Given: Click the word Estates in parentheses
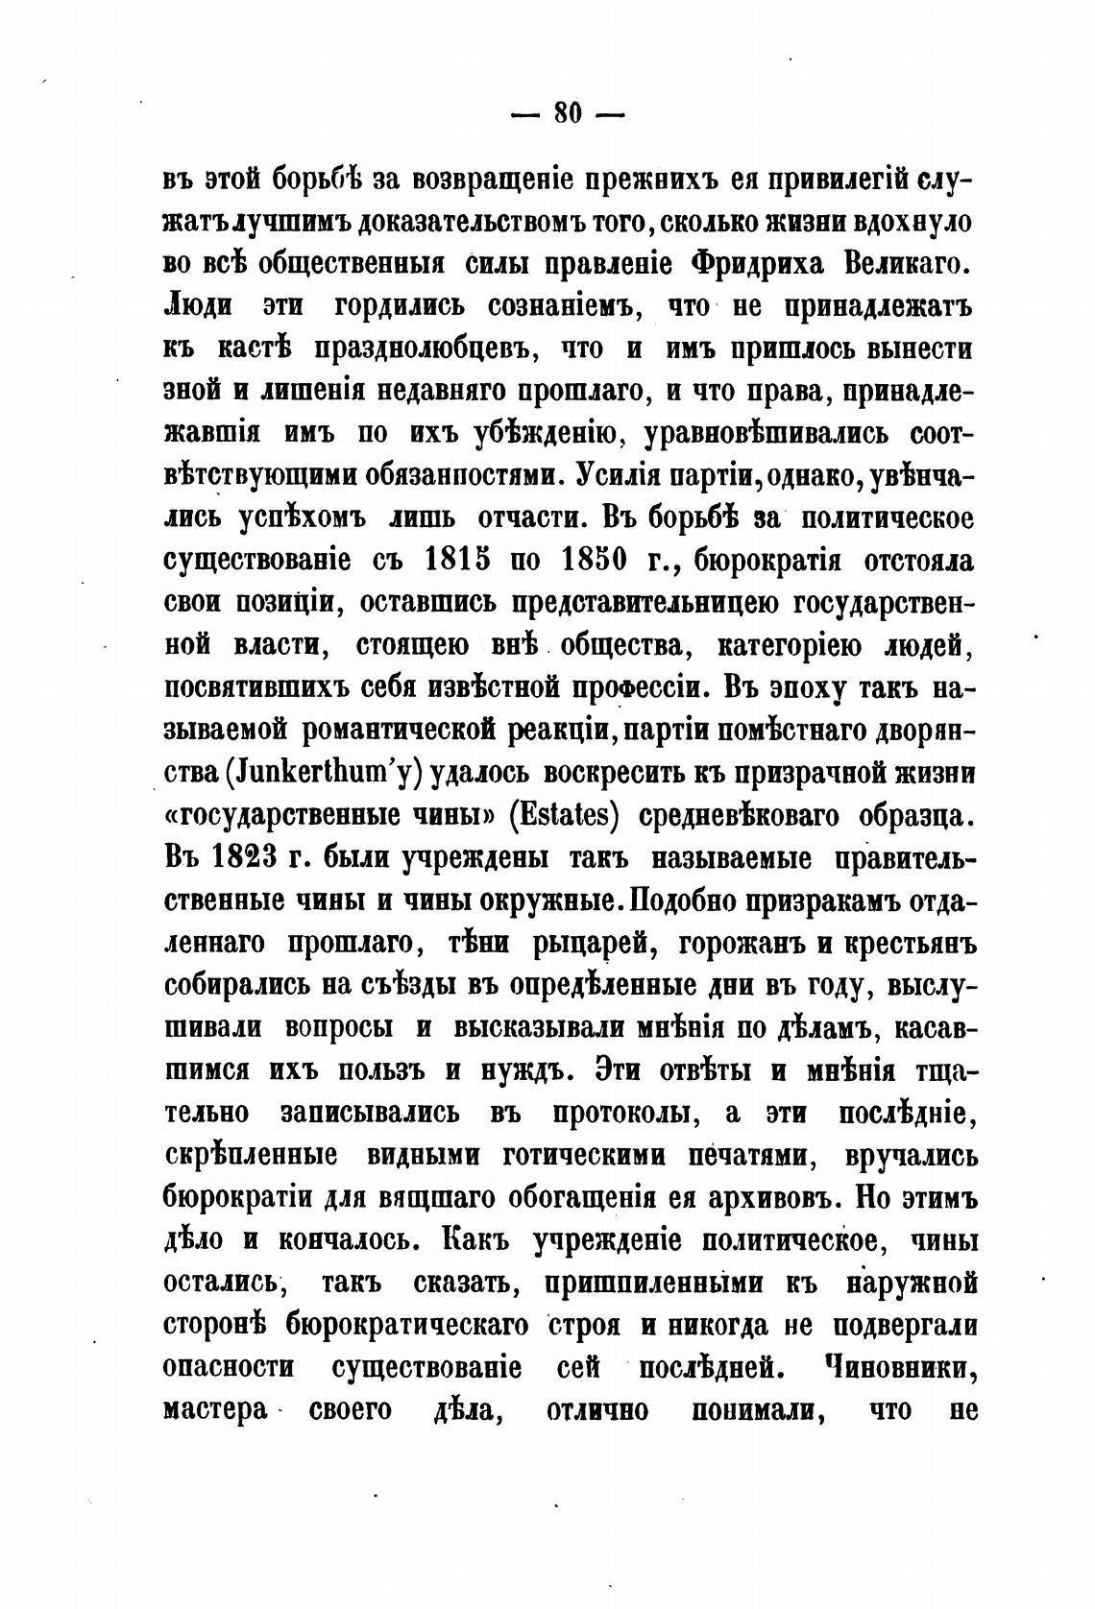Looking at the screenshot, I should [563, 815].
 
